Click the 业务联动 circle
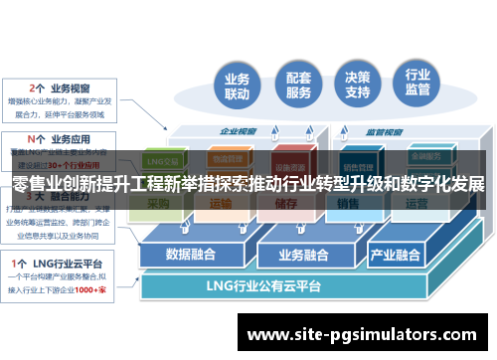pos(237,87)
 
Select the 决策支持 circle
pos(358,87)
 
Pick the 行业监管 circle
pos(418,87)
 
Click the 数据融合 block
pos(191,253)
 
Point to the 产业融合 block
pos(396,253)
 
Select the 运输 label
pos(221,204)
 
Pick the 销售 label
pos(347,204)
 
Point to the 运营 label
pos(415,204)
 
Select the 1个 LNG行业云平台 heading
pos(61,263)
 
